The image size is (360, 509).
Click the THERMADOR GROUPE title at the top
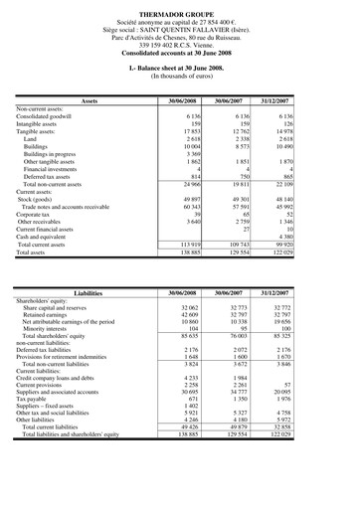click(x=180, y=8)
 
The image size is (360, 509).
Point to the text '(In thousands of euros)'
click(x=180, y=75)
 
